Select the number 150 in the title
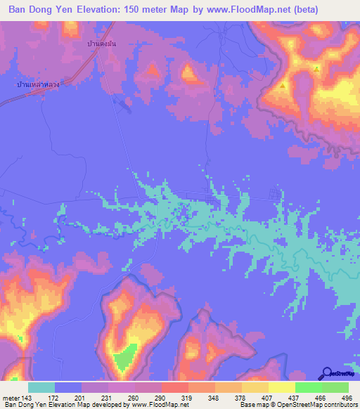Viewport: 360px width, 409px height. (131, 10)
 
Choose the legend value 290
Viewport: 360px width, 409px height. (154, 398)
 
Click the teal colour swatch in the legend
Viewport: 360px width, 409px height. (41, 387)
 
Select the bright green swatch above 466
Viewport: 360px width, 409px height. (309, 387)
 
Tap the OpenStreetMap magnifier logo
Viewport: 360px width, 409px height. (326, 374)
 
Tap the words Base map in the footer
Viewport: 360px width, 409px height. (252, 405)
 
